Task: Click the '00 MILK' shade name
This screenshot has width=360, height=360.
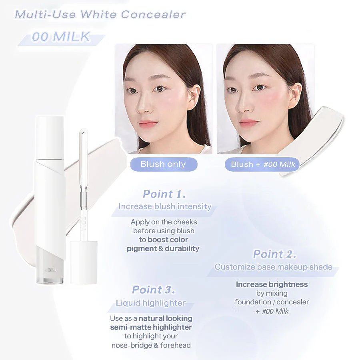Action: (61, 37)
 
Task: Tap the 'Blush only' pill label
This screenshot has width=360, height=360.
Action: (164, 164)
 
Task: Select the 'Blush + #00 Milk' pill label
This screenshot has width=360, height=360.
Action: (262, 164)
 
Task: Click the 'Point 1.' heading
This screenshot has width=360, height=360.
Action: (164, 194)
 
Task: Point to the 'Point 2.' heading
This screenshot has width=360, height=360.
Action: (274, 254)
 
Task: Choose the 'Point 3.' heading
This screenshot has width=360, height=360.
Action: (154, 290)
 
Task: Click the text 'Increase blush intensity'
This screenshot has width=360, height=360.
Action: (165, 206)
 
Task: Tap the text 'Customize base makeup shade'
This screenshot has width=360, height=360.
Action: (274, 267)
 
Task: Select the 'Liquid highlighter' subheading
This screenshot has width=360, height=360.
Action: (151, 303)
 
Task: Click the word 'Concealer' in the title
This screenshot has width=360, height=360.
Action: (153, 14)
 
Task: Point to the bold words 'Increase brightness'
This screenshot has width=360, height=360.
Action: (272, 284)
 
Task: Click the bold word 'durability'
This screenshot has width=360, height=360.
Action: (182, 248)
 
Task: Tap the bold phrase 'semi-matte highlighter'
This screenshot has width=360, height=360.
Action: (151, 327)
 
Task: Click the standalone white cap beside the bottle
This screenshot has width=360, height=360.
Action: (84, 262)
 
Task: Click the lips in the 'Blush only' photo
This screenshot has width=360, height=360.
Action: (148, 124)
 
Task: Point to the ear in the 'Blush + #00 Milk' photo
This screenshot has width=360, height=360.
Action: (296, 96)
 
